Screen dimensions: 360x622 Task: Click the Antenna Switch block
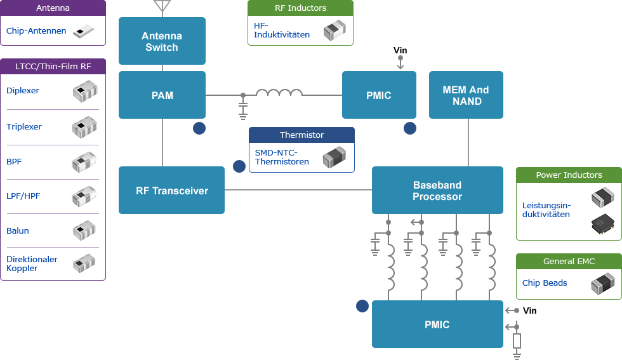(162, 41)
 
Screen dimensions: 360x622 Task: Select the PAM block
(162, 95)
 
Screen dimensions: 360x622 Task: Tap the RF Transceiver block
(171, 190)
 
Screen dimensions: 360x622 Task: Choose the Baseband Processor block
(437, 190)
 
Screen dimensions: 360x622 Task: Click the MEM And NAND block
(466, 95)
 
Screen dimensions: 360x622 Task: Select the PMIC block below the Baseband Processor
(437, 324)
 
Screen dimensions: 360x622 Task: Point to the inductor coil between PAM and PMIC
(279, 93)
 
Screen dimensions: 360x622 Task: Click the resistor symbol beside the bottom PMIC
(517, 341)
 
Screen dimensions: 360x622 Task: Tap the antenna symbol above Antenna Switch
(162, 6)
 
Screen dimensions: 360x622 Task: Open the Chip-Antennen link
(36, 30)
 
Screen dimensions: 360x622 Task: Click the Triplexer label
(24, 126)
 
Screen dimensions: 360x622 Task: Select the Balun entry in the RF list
(18, 230)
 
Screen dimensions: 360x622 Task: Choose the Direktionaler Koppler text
(32, 263)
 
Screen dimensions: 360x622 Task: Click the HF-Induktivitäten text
(282, 30)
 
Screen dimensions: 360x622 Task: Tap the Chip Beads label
(545, 283)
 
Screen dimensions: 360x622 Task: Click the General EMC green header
(569, 261)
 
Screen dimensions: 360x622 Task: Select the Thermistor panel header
(301, 135)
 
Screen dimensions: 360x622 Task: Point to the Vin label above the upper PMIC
(400, 50)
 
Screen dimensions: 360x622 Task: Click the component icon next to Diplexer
(84, 92)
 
